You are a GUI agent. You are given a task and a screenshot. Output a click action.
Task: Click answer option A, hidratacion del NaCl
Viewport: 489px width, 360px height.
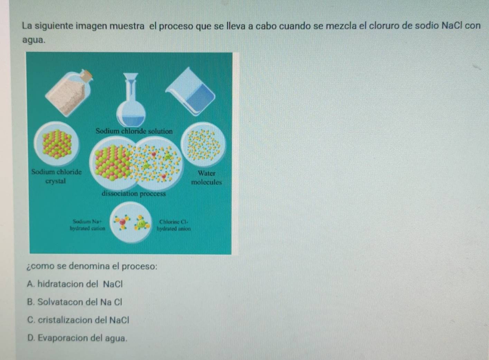tap(75, 284)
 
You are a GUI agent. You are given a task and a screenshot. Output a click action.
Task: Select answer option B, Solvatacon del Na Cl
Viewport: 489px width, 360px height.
tap(74, 302)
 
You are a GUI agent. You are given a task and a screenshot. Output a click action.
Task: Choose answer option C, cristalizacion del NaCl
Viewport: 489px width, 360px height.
tap(78, 320)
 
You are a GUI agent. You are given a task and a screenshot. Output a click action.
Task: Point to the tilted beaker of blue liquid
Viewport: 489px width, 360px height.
tap(190, 92)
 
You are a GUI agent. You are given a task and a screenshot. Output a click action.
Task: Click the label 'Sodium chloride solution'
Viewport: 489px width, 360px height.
tap(134, 131)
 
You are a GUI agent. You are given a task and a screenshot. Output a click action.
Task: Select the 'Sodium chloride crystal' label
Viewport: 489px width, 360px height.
tap(56, 177)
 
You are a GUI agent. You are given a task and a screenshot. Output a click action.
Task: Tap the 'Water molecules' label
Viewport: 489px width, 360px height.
tap(207, 178)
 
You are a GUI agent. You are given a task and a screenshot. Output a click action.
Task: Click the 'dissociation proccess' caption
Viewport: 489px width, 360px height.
tap(134, 194)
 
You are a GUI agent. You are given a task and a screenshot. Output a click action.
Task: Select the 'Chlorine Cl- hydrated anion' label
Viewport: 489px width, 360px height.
tap(174, 225)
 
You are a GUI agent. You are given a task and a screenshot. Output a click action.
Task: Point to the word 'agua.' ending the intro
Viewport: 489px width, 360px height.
tap(34, 40)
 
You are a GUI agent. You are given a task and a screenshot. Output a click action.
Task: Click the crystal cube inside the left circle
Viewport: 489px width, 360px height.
tap(57, 144)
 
